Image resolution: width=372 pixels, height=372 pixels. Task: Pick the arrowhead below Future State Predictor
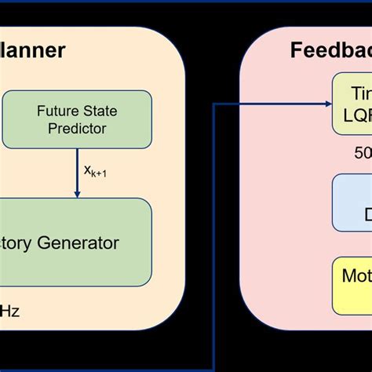(77, 192)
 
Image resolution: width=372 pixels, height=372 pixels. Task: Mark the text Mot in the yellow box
(356, 276)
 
